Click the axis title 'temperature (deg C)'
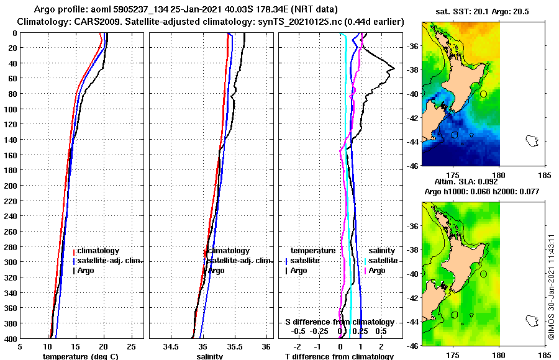[80, 356]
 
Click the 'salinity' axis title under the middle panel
[210, 356]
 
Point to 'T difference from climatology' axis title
[339, 356]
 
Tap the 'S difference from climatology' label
[339, 322]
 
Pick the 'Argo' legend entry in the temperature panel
[87, 271]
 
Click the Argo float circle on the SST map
[483, 94]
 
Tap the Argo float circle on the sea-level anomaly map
[483, 274]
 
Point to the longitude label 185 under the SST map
[545, 176]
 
